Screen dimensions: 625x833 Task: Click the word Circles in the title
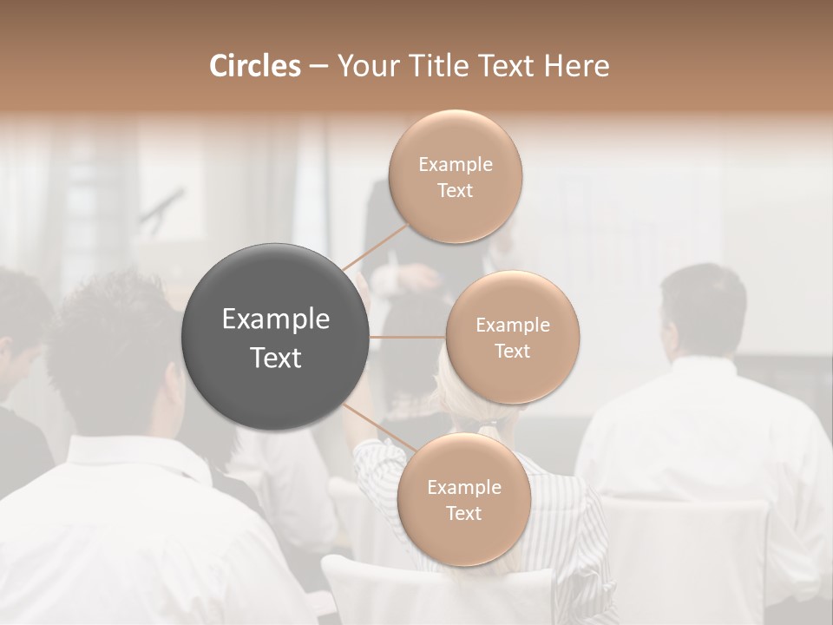coord(254,65)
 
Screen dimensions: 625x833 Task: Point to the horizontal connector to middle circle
coord(408,337)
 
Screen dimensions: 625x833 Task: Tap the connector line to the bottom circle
coord(379,427)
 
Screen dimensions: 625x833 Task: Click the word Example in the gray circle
coord(276,319)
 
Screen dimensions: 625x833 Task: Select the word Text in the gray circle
coord(276,357)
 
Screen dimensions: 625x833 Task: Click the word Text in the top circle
coord(456,190)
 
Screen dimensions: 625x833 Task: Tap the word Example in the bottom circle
coord(463,487)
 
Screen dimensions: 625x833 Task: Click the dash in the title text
coord(318,67)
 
